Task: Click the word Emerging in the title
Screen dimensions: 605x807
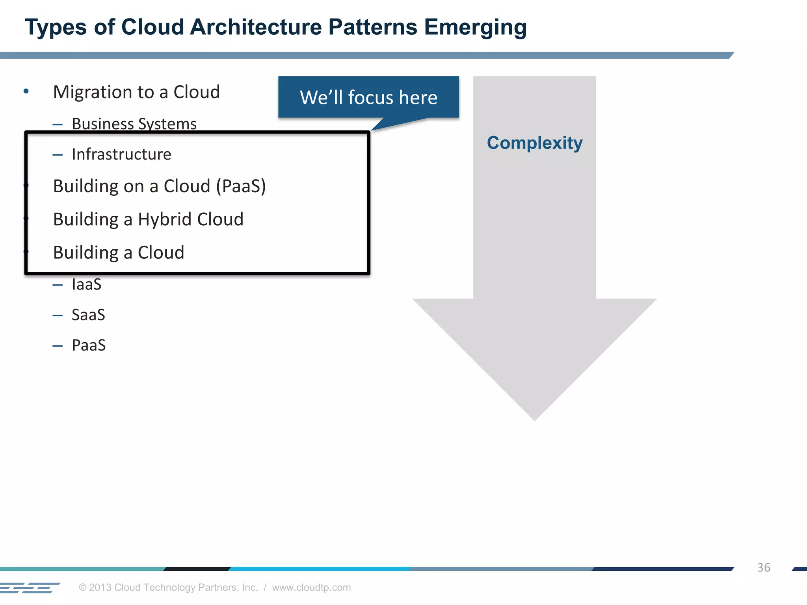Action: tap(475, 28)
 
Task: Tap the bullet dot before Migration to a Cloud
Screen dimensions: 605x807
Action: tap(26, 91)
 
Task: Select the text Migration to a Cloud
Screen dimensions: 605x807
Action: tap(136, 92)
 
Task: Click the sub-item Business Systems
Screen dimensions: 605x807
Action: tap(134, 124)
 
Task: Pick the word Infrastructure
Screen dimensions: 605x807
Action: tap(121, 154)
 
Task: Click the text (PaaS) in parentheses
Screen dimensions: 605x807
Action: tap(241, 186)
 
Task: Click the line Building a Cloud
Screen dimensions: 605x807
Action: tap(119, 252)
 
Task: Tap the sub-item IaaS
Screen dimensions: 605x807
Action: tap(87, 284)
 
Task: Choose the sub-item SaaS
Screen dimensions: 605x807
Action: tap(88, 315)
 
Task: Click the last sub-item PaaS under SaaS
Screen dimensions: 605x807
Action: tap(89, 345)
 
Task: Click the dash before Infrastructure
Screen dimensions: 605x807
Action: tap(58, 155)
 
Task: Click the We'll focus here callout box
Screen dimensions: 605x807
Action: tap(368, 97)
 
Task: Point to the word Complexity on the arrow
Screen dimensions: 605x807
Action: tap(534, 143)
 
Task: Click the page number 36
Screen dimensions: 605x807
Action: tap(763, 568)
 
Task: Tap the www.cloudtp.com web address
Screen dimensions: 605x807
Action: tap(311, 587)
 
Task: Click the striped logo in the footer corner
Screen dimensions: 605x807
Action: tap(30, 588)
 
